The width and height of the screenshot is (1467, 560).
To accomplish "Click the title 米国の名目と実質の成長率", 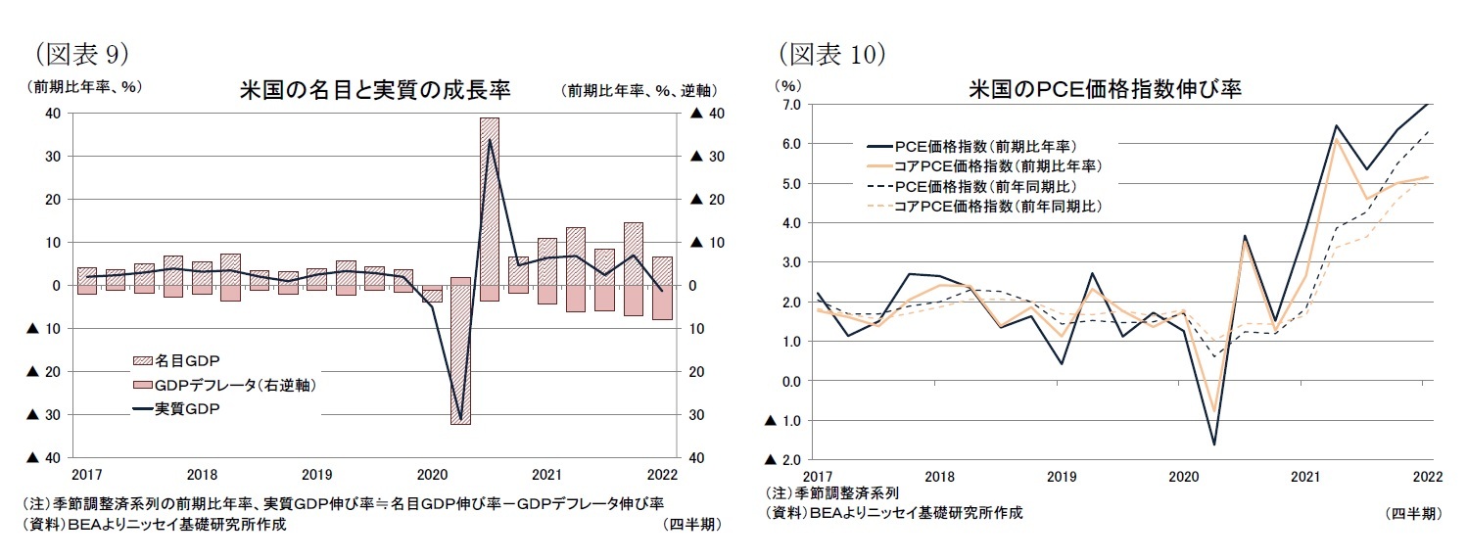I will coord(375,90).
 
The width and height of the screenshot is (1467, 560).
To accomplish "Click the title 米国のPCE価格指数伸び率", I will coord(1105,89).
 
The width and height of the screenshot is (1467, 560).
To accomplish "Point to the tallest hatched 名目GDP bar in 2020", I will coord(489,196).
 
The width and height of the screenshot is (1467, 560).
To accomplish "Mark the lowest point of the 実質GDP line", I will coord(460,419).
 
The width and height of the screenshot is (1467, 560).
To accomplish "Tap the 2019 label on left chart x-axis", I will coord(316,475).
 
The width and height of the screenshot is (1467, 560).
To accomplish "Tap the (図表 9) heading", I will coord(81,52).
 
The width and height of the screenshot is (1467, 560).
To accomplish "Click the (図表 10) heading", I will coord(831,52).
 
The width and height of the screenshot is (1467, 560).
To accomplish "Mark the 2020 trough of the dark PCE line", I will coord(1214,444).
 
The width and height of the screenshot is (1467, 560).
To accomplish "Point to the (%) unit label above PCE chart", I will coord(788,85).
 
